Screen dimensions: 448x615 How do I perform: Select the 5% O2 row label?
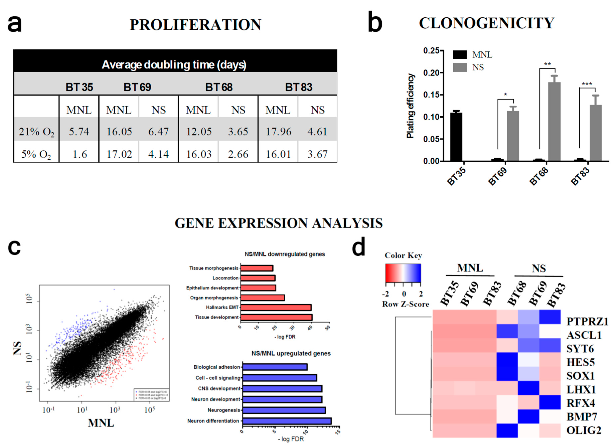point(36,154)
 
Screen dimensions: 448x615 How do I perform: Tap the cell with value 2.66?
point(238,154)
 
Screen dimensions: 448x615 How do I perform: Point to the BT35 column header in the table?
point(79,87)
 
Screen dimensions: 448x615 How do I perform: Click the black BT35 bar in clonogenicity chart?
point(456,137)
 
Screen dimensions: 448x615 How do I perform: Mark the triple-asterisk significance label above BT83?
point(587,84)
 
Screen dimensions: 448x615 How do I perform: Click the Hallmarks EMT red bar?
point(276,307)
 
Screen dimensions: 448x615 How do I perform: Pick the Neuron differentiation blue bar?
point(287,421)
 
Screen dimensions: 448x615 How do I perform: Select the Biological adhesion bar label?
point(217,367)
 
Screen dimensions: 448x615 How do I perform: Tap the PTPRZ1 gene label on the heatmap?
point(587,321)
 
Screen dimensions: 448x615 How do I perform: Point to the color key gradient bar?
point(403,273)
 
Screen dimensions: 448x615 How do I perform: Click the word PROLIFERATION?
point(195,25)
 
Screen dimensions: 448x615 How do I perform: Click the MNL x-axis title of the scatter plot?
point(101,423)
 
